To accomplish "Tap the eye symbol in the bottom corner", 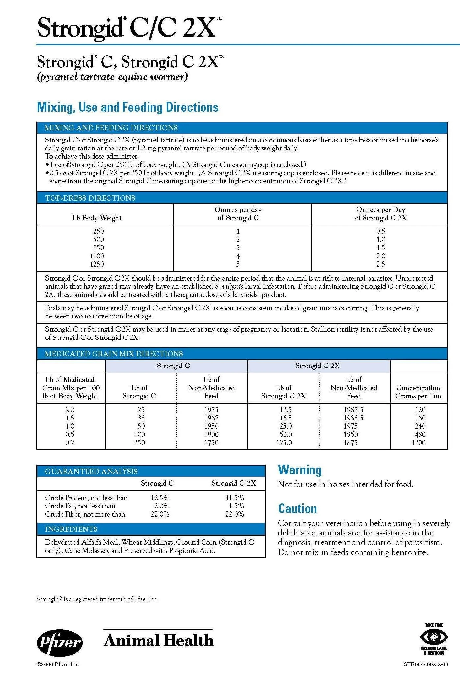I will click(x=434, y=637).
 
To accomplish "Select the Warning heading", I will click(x=299, y=470).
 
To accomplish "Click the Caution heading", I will click(x=297, y=508).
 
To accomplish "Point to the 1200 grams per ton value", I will click(x=419, y=443).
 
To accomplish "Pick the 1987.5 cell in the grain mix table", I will click(x=353, y=410).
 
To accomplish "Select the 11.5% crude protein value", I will click(x=234, y=498).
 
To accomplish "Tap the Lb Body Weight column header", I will click(x=97, y=218).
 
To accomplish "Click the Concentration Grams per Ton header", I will click(x=418, y=392).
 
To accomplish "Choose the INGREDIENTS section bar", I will click(x=151, y=529).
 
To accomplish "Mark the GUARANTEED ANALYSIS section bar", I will click(x=151, y=471).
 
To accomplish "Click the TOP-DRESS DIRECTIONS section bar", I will click(x=242, y=198).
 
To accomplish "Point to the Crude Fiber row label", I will click(x=85, y=514).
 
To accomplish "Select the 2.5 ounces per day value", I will click(x=381, y=264).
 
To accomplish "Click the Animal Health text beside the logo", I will click(x=159, y=640).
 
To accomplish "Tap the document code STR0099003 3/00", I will click(x=425, y=664).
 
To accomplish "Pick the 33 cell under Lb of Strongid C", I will click(x=141, y=418).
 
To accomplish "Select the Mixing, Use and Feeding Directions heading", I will click(x=128, y=107).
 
